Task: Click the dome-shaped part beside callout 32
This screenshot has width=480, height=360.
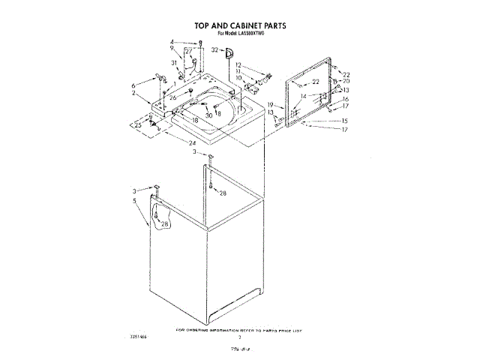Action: (x=229, y=51)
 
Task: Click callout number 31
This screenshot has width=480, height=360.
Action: (x=173, y=63)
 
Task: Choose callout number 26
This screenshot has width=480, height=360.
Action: (x=172, y=97)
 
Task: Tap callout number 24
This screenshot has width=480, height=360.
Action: (x=193, y=142)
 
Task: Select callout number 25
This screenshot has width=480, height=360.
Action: (x=138, y=125)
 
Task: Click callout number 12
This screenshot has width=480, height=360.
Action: (x=238, y=64)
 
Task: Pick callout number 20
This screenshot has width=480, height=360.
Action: (x=346, y=81)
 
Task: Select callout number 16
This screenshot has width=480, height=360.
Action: (x=346, y=99)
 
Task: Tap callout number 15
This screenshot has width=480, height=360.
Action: (x=345, y=121)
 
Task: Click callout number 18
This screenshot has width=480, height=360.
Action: (x=195, y=120)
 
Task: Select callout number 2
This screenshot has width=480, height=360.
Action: (x=134, y=94)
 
